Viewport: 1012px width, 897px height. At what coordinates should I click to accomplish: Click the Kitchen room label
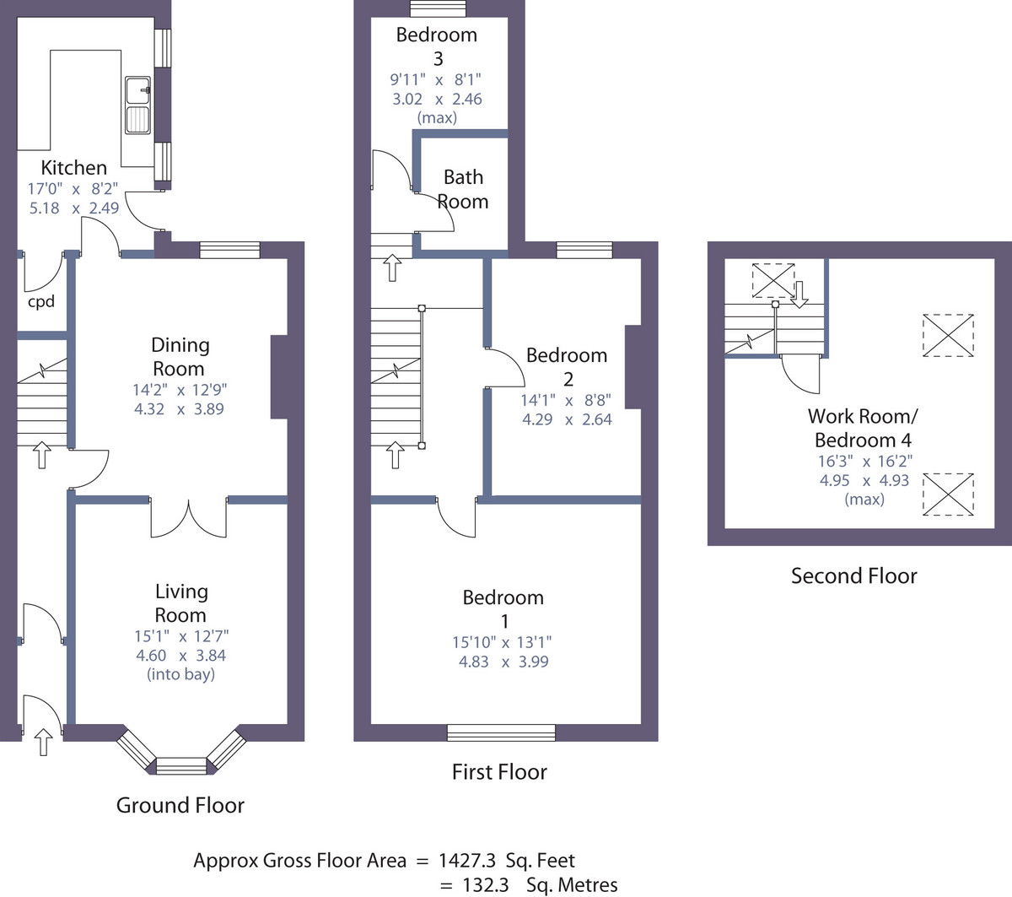[x=74, y=168]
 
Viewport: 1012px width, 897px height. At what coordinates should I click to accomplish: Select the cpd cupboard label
[x=41, y=302]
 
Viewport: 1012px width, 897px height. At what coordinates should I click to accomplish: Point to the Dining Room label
[x=180, y=357]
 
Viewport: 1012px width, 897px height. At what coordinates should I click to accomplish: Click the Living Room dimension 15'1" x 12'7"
[x=181, y=636]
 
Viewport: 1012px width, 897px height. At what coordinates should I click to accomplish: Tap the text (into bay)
[x=180, y=674]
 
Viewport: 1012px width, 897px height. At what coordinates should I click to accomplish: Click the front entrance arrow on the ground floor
[x=44, y=742]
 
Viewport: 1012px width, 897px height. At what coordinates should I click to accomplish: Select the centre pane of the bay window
[x=181, y=765]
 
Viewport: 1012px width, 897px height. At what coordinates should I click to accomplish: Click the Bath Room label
[x=463, y=189]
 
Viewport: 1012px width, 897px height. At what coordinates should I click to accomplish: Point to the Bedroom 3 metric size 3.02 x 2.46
[x=437, y=99]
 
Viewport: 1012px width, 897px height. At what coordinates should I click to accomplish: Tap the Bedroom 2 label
[x=567, y=367]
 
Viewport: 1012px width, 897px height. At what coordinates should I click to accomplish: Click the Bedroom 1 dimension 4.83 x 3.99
[x=503, y=662]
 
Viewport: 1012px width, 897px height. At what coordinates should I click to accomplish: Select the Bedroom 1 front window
[x=501, y=732]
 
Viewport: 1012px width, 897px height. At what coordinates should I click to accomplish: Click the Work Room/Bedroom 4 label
[x=863, y=428]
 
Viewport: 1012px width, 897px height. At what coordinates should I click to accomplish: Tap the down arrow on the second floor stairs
[x=799, y=294]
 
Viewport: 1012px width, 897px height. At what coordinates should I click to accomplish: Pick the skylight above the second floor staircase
[x=773, y=280]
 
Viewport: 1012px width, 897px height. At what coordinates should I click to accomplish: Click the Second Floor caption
[x=854, y=576]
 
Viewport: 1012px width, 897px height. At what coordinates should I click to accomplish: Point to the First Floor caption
[x=499, y=772]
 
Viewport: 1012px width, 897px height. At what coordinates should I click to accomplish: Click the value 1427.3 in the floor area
[x=467, y=861]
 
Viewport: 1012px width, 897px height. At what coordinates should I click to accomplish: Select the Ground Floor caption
[x=180, y=806]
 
